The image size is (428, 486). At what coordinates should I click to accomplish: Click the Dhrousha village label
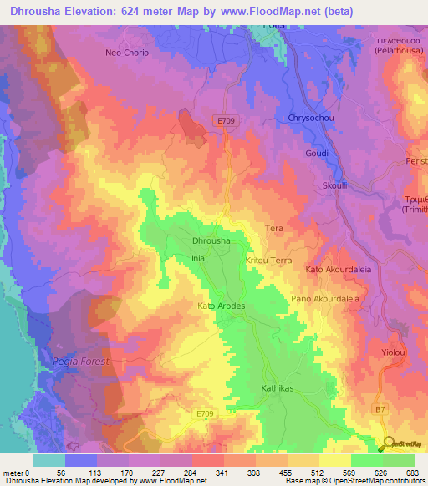pos(211,241)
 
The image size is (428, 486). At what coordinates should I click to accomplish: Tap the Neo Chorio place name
pos(126,53)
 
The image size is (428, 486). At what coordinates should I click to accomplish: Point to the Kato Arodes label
pos(221,306)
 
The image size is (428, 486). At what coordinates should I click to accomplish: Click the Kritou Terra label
pos(268,261)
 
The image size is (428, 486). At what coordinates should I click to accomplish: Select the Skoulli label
pos(335,186)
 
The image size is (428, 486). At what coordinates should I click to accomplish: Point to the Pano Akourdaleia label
pos(324,298)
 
